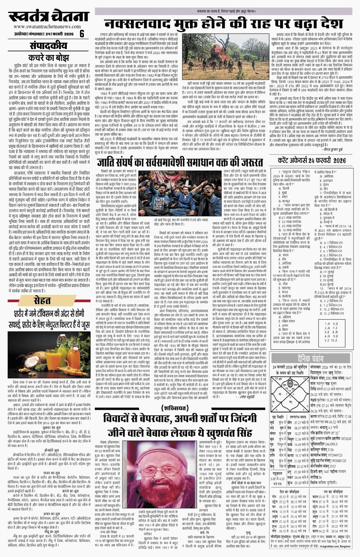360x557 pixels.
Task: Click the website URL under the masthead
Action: [x=47, y=27]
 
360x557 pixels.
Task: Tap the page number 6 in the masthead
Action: [x=82, y=34]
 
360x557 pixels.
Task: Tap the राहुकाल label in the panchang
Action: [x=277, y=474]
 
